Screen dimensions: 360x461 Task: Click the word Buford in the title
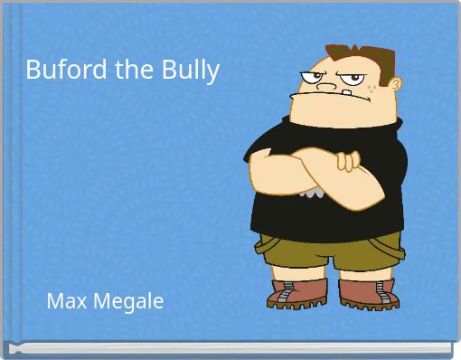click(62, 70)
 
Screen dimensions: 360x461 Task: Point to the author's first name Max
click(65, 301)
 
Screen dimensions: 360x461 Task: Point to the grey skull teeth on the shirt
click(313, 193)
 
